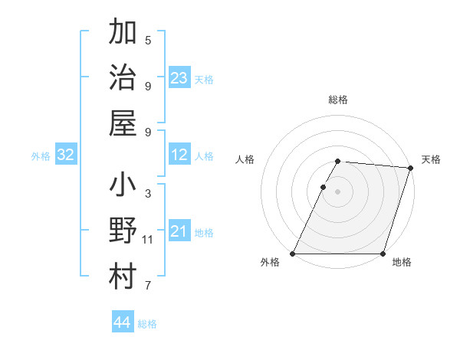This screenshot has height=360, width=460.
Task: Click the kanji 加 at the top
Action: point(123,34)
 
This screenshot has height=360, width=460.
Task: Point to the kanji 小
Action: point(123,187)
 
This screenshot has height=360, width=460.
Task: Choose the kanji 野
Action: point(123,232)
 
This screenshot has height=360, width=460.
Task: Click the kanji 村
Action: point(123,277)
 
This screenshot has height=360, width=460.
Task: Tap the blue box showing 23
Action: point(179,77)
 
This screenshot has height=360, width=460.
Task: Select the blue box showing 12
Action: point(179,155)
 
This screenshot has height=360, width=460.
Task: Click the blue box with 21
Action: point(179,231)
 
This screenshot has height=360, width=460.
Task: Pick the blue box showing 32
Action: point(65,155)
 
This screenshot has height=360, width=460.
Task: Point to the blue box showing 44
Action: point(123,322)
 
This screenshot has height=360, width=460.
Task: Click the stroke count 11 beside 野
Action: point(148,240)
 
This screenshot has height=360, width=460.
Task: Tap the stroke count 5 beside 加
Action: point(148,41)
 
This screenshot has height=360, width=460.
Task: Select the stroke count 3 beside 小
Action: point(148,194)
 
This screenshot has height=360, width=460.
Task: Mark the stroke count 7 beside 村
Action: point(148,286)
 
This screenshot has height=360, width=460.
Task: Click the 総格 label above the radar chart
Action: point(338,100)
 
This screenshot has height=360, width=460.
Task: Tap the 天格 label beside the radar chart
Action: point(431,159)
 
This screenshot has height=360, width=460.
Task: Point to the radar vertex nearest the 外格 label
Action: point(293,254)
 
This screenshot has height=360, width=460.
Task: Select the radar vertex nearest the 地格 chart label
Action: point(383,254)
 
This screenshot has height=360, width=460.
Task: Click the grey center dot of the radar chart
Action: point(338,191)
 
